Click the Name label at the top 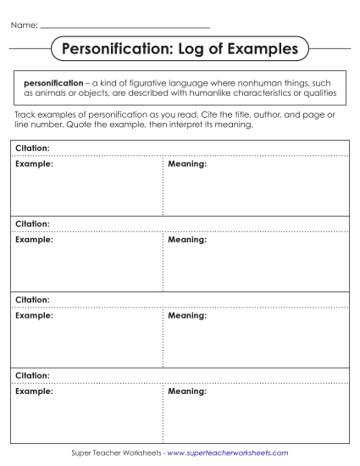[23, 26]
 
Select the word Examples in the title [260, 49]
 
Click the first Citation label [32, 147]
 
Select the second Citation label [32, 224]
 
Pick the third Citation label [32, 299]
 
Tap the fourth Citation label [32, 374]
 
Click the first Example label [34, 164]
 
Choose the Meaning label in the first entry [187, 164]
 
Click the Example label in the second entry [34, 240]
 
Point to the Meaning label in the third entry [187, 315]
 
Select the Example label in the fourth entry [34, 391]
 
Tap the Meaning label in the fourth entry [187, 391]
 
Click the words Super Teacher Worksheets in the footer [115, 453]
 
